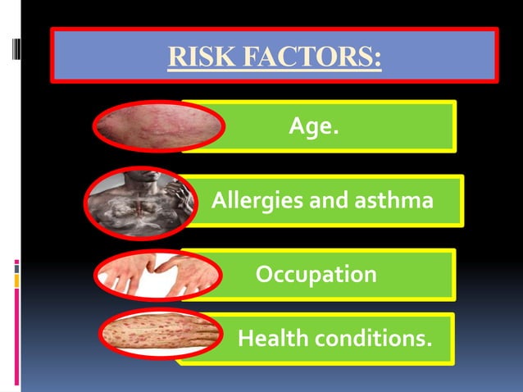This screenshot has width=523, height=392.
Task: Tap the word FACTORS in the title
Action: [x=302, y=57]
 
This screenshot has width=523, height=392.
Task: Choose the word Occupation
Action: [x=316, y=273]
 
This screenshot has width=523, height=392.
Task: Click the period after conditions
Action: [x=428, y=341]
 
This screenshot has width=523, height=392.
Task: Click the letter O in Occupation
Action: [x=266, y=273]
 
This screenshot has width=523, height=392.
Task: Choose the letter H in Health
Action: [x=243, y=336]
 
